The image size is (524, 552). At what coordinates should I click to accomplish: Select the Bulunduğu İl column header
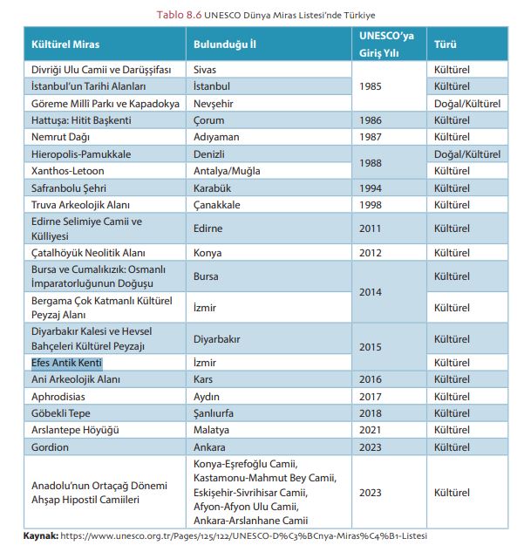[224, 44]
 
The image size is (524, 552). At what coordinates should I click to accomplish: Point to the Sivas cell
[206, 70]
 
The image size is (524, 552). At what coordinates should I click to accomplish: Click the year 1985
[371, 86]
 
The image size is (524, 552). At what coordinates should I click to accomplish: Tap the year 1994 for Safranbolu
[371, 187]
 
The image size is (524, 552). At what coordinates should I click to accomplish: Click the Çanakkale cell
[217, 204]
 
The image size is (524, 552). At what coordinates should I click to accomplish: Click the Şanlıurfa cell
[216, 412]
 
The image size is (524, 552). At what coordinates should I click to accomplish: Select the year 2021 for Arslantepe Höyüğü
[371, 430]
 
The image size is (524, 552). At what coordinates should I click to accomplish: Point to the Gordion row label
[51, 446]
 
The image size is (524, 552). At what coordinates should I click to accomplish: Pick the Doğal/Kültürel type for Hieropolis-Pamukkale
[466, 153]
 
